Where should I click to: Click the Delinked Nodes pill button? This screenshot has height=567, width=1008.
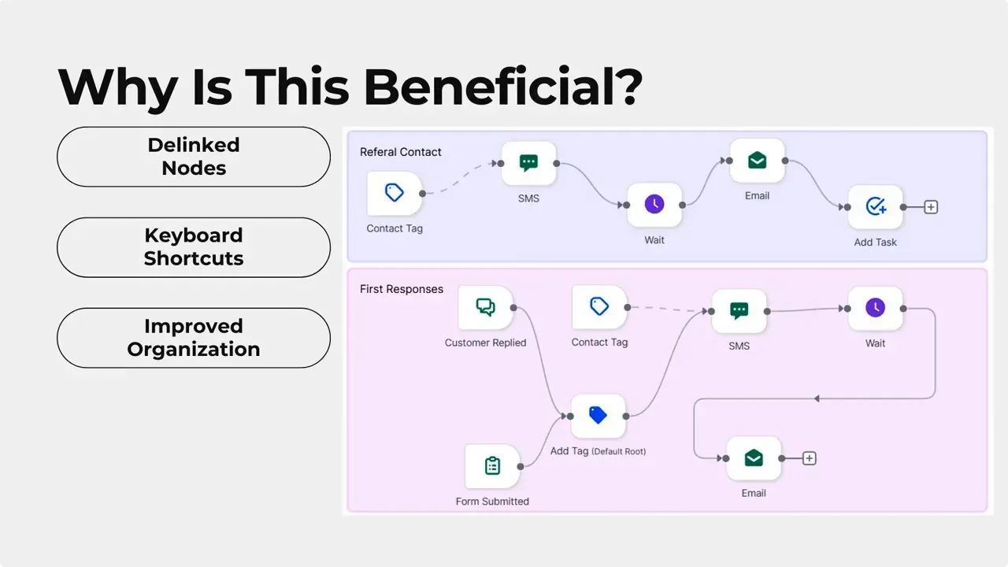tap(194, 157)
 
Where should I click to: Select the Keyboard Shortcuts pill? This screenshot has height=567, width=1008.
tap(194, 247)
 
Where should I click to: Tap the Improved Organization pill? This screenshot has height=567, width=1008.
tap(194, 338)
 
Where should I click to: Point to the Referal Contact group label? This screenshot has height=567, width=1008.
tap(401, 152)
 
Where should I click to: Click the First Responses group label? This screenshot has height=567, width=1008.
tap(402, 289)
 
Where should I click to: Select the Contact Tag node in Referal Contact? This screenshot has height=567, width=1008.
tap(395, 193)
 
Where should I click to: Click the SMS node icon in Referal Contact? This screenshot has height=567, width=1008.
tap(528, 164)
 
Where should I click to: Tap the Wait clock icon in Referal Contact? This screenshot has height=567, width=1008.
tap(654, 205)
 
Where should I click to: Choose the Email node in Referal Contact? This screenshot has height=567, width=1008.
tap(757, 161)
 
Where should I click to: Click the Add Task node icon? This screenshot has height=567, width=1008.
tap(876, 207)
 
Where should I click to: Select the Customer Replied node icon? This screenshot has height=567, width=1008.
tap(486, 307)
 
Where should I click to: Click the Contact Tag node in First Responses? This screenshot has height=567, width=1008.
tap(599, 307)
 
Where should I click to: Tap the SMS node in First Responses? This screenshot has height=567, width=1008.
tap(739, 311)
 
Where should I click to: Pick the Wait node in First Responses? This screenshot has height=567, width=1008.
tap(876, 308)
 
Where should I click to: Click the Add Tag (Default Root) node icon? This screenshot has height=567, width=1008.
tap(598, 416)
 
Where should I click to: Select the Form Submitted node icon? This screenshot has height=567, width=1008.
tap(492, 466)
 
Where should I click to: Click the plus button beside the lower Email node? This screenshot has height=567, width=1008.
tap(809, 458)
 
